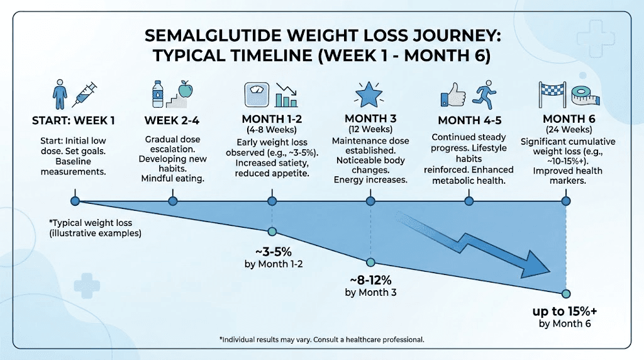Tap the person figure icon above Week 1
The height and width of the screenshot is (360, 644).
tap(58, 94)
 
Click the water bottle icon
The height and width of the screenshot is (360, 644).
tap(158, 96)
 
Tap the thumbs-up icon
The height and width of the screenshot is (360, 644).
tap(453, 96)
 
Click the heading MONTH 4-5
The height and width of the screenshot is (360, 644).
tap(469, 120)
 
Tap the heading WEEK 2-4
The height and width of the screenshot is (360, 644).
tap(173, 120)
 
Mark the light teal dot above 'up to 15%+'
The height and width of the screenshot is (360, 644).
tap(565, 293)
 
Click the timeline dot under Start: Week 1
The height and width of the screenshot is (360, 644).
tap(75, 201)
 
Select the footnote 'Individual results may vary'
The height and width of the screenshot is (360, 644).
tap(321, 339)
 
